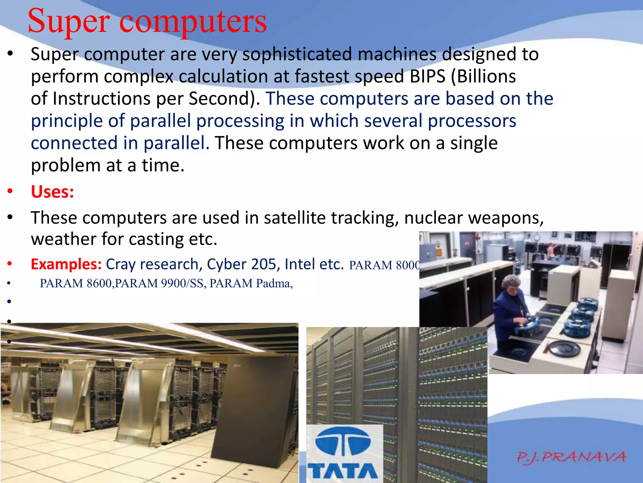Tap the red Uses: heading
(52, 192)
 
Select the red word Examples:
(66, 264)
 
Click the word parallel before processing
(160, 121)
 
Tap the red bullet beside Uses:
(10, 192)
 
